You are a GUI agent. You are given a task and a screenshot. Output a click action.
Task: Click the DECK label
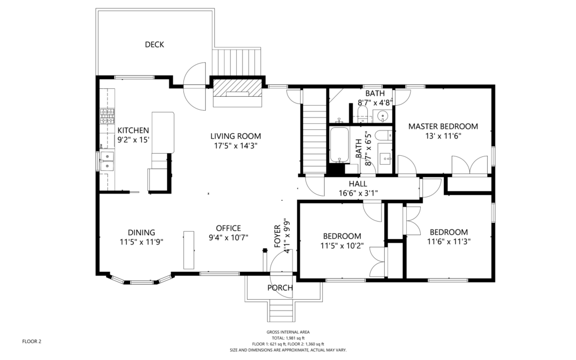pos(154,44)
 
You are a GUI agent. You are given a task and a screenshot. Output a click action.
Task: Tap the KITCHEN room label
pos(133,130)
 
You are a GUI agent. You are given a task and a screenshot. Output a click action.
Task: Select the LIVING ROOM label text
pos(236,136)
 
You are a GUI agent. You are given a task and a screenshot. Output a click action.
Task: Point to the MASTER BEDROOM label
pos(443,127)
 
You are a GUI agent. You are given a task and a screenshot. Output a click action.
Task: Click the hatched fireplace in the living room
pos(237,88)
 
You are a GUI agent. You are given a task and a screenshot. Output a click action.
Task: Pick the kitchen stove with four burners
pos(107,116)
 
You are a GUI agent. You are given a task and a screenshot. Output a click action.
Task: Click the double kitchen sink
pos(107,161)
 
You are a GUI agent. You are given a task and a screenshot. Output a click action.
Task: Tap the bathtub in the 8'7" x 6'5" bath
pos(339,145)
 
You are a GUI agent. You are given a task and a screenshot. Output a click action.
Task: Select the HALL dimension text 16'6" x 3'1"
pos(358,192)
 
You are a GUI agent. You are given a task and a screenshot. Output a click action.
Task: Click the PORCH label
pos(280,287)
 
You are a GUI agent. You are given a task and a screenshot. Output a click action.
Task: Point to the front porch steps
pos(282,311)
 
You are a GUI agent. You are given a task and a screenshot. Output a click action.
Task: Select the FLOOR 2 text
pos(31,341)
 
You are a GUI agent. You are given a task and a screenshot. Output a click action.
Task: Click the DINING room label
pos(141,232)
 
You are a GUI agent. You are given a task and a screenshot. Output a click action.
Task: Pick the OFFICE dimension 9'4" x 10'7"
pos(228,238)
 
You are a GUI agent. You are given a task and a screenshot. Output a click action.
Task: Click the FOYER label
pos(278,237)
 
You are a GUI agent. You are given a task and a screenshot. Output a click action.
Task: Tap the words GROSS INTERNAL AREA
pos(288,332)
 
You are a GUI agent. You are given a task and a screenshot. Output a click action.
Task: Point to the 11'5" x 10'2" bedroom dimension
pos(342,245)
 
